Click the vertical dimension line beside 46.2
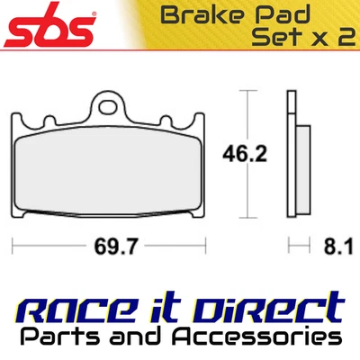click(x=248, y=156)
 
